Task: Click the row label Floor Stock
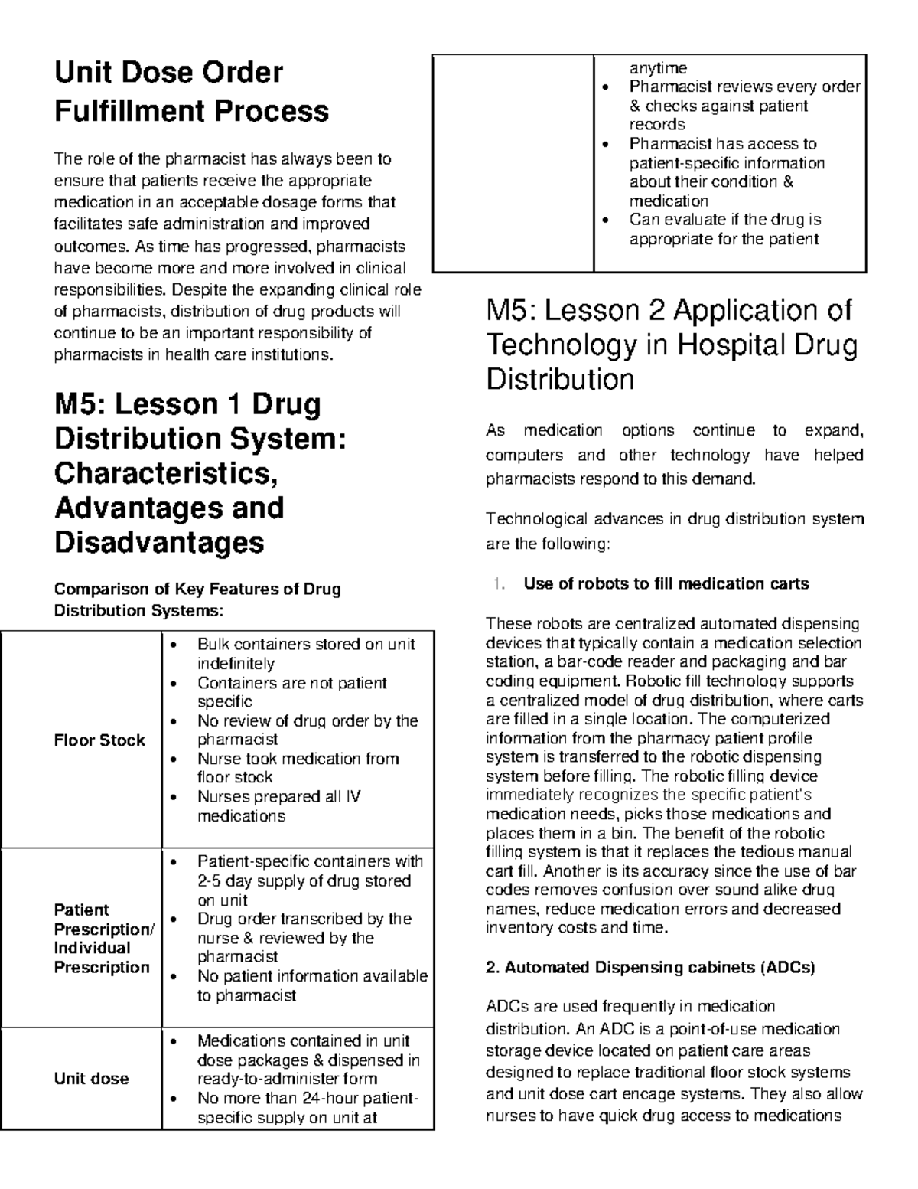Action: click(x=99, y=740)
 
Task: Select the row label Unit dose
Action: click(x=91, y=1079)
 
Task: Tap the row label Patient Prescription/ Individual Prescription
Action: click(x=103, y=939)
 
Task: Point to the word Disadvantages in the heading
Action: click(x=159, y=543)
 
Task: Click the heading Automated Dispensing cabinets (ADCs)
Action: click(x=650, y=968)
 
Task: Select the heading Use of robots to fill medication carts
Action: click(x=666, y=584)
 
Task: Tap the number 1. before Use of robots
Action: click(x=499, y=584)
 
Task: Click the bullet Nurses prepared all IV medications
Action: click(x=278, y=806)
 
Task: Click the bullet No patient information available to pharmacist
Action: click(x=311, y=985)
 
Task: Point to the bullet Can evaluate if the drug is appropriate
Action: click(x=724, y=229)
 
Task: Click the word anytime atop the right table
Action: click(x=658, y=68)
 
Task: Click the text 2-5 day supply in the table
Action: click(x=249, y=881)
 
